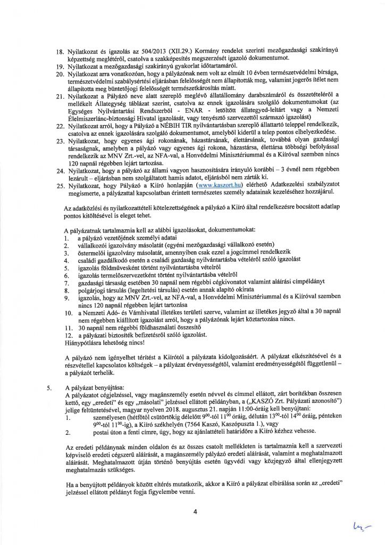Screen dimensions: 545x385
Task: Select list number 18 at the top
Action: pyautogui.click(x=60, y=48)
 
